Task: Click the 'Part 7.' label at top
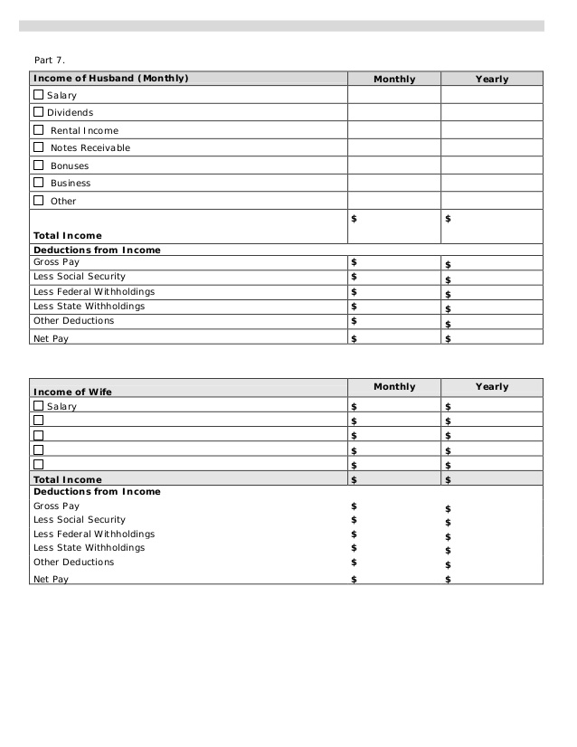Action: [x=50, y=60]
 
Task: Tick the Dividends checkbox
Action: [x=38, y=112]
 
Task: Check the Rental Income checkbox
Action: [x=38, y=129]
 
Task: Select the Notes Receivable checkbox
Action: [x=38, y=147]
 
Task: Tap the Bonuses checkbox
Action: [x=38, y=165]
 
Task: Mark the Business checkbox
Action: [x=38, y=182]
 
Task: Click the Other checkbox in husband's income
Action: [x=38, y=200]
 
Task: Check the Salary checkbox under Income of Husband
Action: [x=38, y=94]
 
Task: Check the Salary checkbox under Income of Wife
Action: [x=38, y=406]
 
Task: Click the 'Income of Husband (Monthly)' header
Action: [x=110, y=79]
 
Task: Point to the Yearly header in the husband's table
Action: [x=492, y=80]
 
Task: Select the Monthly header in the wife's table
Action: [x=394, y=387]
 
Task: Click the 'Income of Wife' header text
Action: [x=72, y=392]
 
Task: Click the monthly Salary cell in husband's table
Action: [x=393, y=95]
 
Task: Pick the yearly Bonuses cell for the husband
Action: [x=492, y=165]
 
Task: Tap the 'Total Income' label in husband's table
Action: [x=68, y=236]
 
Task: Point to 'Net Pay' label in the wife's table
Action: [x=51, y=579]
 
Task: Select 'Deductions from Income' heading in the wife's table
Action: [x=97, y=492]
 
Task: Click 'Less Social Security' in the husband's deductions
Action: [x=80, y=277]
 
